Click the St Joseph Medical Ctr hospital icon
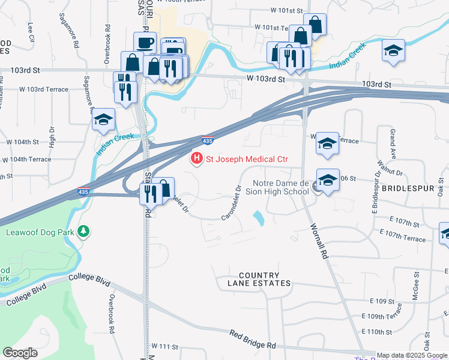pos(196,158)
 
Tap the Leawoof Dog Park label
pos(41,232)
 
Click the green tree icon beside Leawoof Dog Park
pos(85,232)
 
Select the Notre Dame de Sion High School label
pos(280,187)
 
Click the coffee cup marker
pos(145,43)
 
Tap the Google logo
pos(20,353)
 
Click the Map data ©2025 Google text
pos(412,355)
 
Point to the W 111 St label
pos(166,347)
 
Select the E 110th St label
pos(378,332)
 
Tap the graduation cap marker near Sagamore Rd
pos(104,119)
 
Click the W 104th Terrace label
pos(27,160)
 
